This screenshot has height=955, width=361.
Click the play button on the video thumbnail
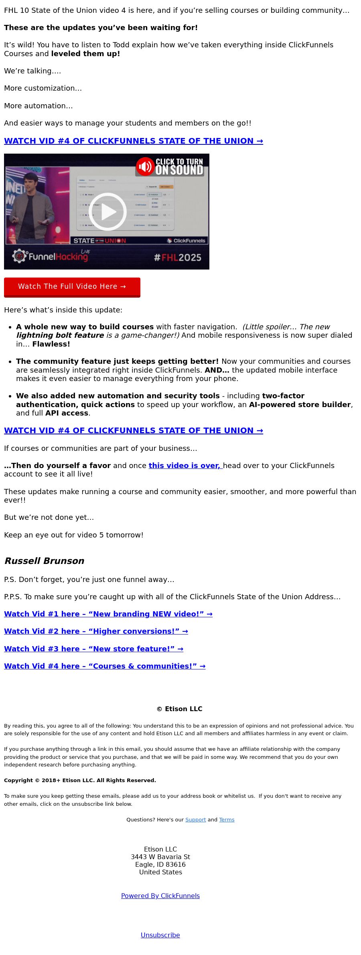(x=107, y=211)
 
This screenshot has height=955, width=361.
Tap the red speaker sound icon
(x=145, y=166)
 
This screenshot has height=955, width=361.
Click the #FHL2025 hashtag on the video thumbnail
(x=178, y=258)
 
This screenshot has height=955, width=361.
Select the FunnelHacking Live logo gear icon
(x=19, y=256)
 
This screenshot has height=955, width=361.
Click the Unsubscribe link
(x=160, y=935)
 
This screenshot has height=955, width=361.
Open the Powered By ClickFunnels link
(x=160, y=896)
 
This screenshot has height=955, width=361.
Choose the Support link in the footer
(x=195, y=819)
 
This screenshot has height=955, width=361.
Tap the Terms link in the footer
(x=227, y=819)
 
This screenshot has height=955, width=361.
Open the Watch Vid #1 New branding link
(x=108, y=614)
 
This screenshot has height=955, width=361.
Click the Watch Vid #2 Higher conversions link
(x=96, y=631)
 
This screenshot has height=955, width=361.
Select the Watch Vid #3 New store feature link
(x=93, y=649)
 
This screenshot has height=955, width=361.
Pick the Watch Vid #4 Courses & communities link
(x=105, y=666)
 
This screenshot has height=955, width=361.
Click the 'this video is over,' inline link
(x=185, y=465)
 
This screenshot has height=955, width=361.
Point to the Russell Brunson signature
(x=44, y=561)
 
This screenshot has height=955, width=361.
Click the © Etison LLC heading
(x=179, y=709)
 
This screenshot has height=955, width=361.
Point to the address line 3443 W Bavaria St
(x=160, y=857)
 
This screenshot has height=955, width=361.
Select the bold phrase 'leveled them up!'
(x=85, y=54)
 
